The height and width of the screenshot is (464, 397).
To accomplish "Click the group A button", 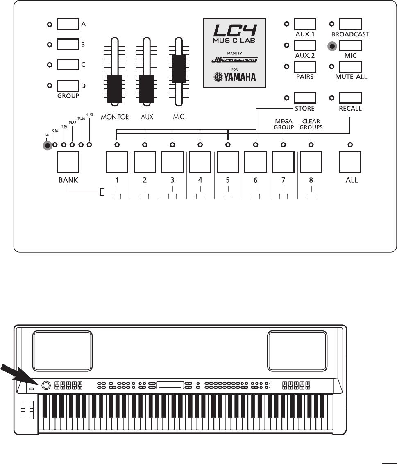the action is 68,25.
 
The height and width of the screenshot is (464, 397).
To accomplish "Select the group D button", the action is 68,86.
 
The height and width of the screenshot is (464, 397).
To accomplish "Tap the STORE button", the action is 305,98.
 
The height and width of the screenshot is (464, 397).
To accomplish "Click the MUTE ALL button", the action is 350,67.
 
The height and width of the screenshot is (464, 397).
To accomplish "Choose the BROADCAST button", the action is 350,24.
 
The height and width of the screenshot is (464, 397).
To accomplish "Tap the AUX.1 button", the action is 305,24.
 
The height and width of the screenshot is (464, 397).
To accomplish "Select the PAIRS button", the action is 305,67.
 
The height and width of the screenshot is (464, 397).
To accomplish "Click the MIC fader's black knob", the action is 179,68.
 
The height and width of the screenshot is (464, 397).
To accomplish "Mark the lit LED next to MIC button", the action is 332,46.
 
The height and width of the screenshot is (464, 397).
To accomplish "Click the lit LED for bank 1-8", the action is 48,145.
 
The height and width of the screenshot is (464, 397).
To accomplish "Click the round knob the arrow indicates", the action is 45,385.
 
